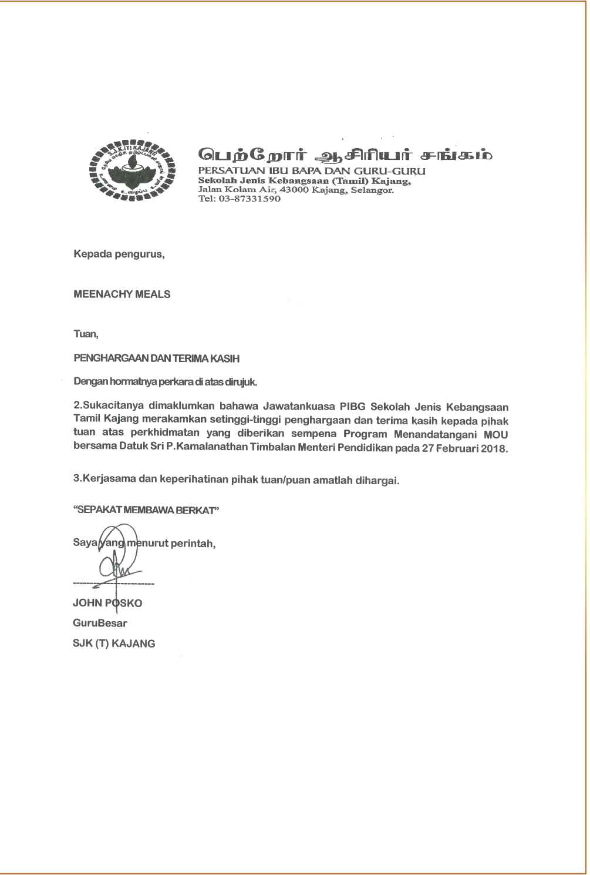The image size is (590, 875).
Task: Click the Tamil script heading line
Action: pos(345,155)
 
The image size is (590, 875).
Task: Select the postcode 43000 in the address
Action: pos(295,190)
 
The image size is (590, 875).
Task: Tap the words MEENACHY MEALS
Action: pos(122,294)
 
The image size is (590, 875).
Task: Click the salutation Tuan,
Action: pos(86,334)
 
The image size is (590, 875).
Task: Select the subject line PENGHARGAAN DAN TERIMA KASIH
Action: pos(156,358)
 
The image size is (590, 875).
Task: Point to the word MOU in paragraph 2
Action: pos(496,435)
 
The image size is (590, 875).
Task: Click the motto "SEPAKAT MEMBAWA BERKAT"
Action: pos(146,510)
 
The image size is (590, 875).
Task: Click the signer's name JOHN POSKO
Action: pos(107,603)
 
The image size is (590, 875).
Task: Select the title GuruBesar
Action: pos(100,623)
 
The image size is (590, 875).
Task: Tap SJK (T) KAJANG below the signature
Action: pos(114,643)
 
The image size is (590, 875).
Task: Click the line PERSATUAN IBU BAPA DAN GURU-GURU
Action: pos(312,171)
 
